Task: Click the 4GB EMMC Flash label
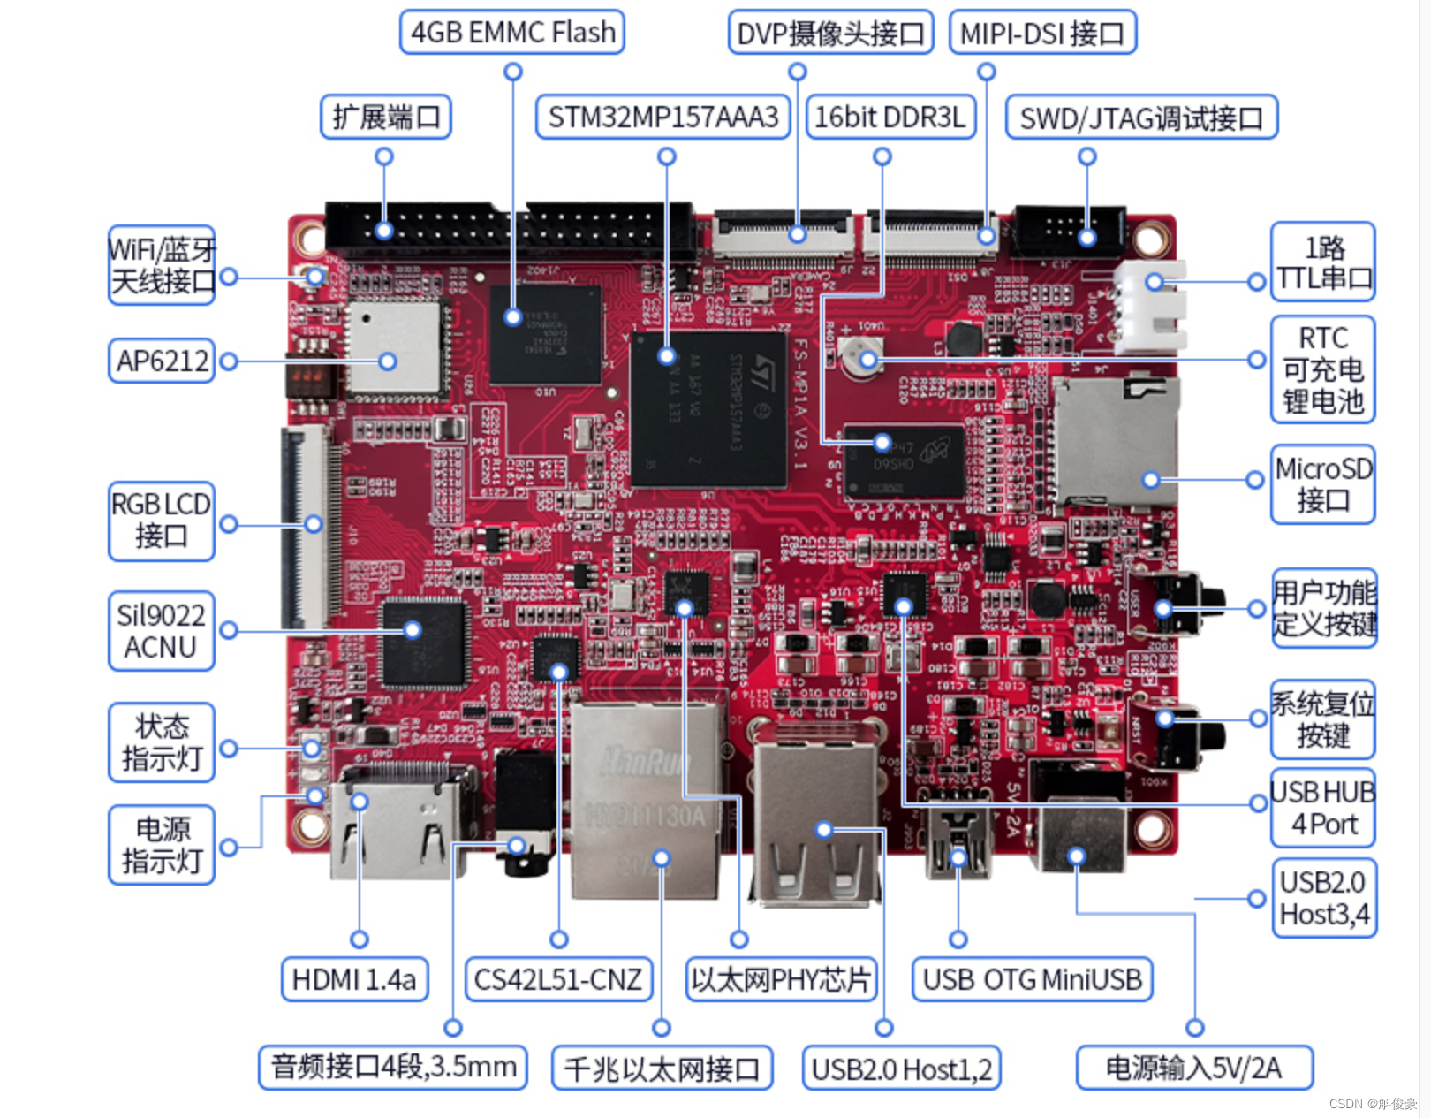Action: [x=512, y=33]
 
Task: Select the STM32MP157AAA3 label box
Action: [x=663, y=118]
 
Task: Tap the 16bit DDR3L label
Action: [x=890, y=118]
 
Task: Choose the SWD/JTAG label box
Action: [x=1141, y=118]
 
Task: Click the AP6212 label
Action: [x=162, y=361]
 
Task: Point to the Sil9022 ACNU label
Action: [x=161, y=631]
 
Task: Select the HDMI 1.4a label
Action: [x=354, y=979]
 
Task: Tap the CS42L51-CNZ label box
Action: [x=558, y=979]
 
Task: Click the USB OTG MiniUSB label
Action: [x=1032, y=979]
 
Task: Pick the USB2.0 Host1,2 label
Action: [x=901, y=1069]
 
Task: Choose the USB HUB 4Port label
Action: [x=1323, y=808]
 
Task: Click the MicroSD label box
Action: [x=1323, y=484]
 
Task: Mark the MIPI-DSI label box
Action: [x=1042, y=34]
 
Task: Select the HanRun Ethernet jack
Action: [x=649, y=800]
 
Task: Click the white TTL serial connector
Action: [x=1148, y=305]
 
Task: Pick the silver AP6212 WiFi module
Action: [x=392, y=348]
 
